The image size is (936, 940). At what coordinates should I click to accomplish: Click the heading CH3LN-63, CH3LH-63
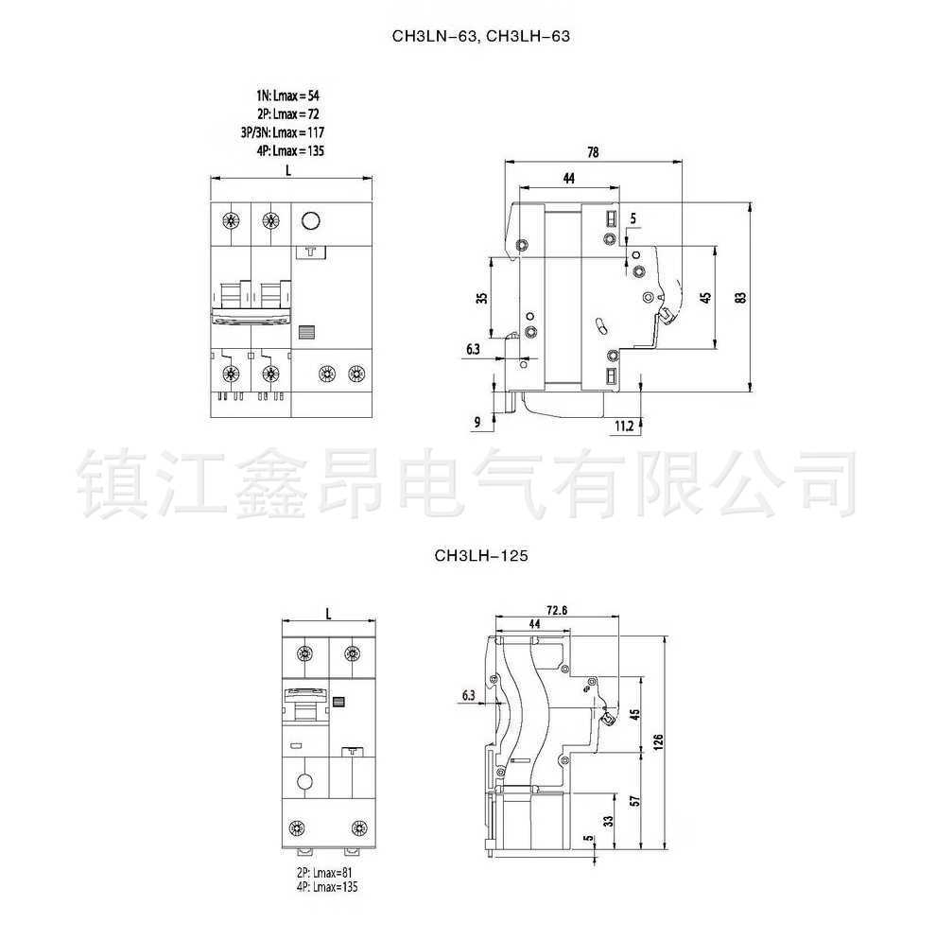tap(481, 37)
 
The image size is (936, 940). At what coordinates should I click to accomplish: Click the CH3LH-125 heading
tap(480, 557)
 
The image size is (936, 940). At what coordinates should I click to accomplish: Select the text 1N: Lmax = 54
tap(287, 96)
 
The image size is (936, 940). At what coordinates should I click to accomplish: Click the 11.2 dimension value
tap(623, 426)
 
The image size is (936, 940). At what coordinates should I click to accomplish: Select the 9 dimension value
tap(478, 421)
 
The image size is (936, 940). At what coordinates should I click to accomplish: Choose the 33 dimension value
tap(608, 821)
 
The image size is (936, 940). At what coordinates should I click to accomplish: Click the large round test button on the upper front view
tap(310, 222)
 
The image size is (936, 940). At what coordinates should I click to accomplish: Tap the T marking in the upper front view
tap(310, 252)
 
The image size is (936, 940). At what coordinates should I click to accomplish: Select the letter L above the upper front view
tap(286, 169)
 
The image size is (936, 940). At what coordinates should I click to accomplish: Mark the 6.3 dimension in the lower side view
tap(468, 696)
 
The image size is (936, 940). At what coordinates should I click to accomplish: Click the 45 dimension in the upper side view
tap(704, 297)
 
